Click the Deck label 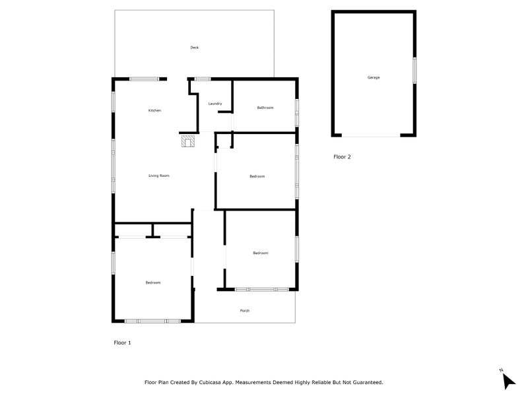(194, 48)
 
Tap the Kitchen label (154, 110)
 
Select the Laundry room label (214, 104)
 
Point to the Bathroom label (265, 108)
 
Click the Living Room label (159, 176)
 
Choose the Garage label (374, 77)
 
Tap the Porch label (245, 311)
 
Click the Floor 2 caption (342, 157)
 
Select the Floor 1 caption (123, 343)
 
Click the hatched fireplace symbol (188, 141)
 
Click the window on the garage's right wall (414, 71)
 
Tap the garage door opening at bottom (370, 136)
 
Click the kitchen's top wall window (144, 79)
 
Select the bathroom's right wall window (297, 108)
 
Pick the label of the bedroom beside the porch (260, 253)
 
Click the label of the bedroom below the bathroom (257, 176)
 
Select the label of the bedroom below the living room (153, 282)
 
